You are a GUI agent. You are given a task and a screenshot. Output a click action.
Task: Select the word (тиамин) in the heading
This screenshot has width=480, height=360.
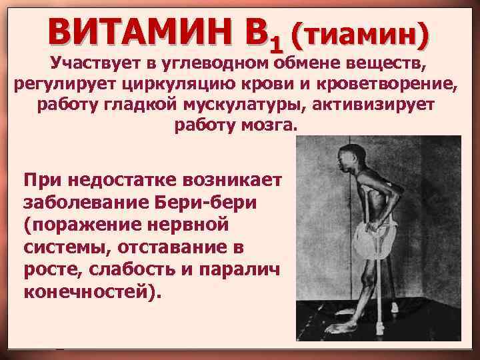(357, 31)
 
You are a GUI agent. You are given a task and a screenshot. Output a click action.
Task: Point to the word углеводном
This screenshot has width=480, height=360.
(221, 65)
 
